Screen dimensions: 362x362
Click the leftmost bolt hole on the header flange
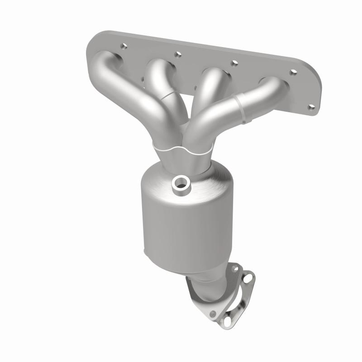123,46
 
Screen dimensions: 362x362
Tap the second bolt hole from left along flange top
178,54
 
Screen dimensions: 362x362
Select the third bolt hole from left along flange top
234,63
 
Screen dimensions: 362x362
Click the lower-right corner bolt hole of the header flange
311,107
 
